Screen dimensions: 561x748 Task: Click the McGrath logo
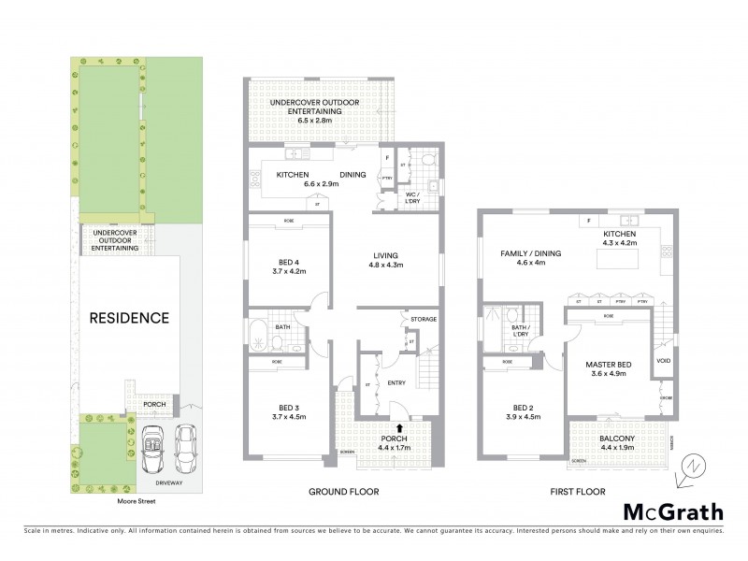(x=673, y=511)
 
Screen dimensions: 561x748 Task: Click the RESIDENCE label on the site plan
(x=129, y=318)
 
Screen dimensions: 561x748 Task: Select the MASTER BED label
(x=610, y=369)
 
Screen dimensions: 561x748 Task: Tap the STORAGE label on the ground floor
(x=424, y=320)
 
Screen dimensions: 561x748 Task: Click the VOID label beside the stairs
(x=664, y=360)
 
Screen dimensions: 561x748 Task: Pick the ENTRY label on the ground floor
(x=396, y=381)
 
